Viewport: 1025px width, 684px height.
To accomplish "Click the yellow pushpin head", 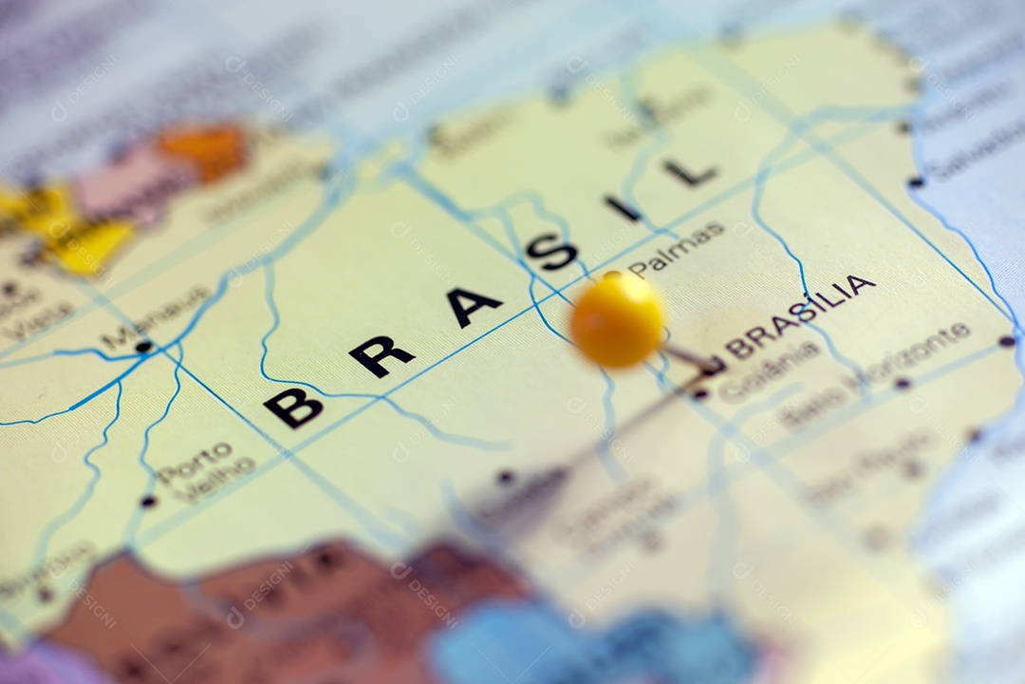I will [x=617, y=319].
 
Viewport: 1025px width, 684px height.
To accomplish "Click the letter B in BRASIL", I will [x=292, y=407].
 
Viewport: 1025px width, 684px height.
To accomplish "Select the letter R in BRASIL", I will [x=381, y=355].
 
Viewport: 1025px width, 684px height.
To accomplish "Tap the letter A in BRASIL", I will [x=473, y=306].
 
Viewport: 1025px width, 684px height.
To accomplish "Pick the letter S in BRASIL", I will [x=551, y=252].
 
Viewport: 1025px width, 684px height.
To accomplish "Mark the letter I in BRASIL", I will [x=623, y=208].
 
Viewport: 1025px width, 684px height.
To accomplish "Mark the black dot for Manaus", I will [x=143, y=347].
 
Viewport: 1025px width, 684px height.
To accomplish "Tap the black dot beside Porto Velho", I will [x=148, y=501].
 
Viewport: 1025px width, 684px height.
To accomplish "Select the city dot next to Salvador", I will [x=915, y=181].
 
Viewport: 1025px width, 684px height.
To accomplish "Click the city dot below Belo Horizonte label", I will [x=902, y=384].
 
